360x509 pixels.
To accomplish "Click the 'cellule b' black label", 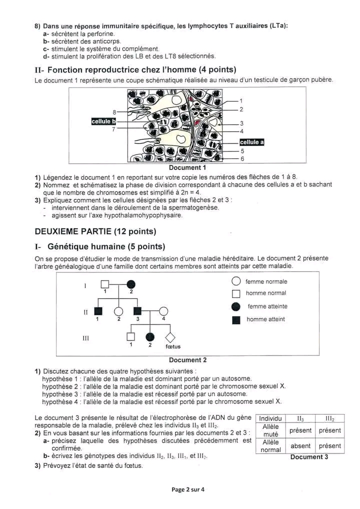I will click(x=103, y=121).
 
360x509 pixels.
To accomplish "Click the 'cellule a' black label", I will click(x=251, y=142).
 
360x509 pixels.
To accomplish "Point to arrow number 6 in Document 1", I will click(x=242, y=158).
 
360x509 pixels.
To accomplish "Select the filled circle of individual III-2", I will click(x=149, y=337).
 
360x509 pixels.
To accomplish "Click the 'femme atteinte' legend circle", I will click(x=236, y=306).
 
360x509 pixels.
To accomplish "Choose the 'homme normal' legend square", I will click(x=236, y=294).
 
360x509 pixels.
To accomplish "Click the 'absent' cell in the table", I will click(x=300, y=446).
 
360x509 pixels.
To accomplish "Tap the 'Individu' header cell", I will click(x=270, y=418).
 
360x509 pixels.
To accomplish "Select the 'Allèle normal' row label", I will click(x=270, y=446).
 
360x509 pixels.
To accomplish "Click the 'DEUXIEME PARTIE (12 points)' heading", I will click(x=95, y=231).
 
